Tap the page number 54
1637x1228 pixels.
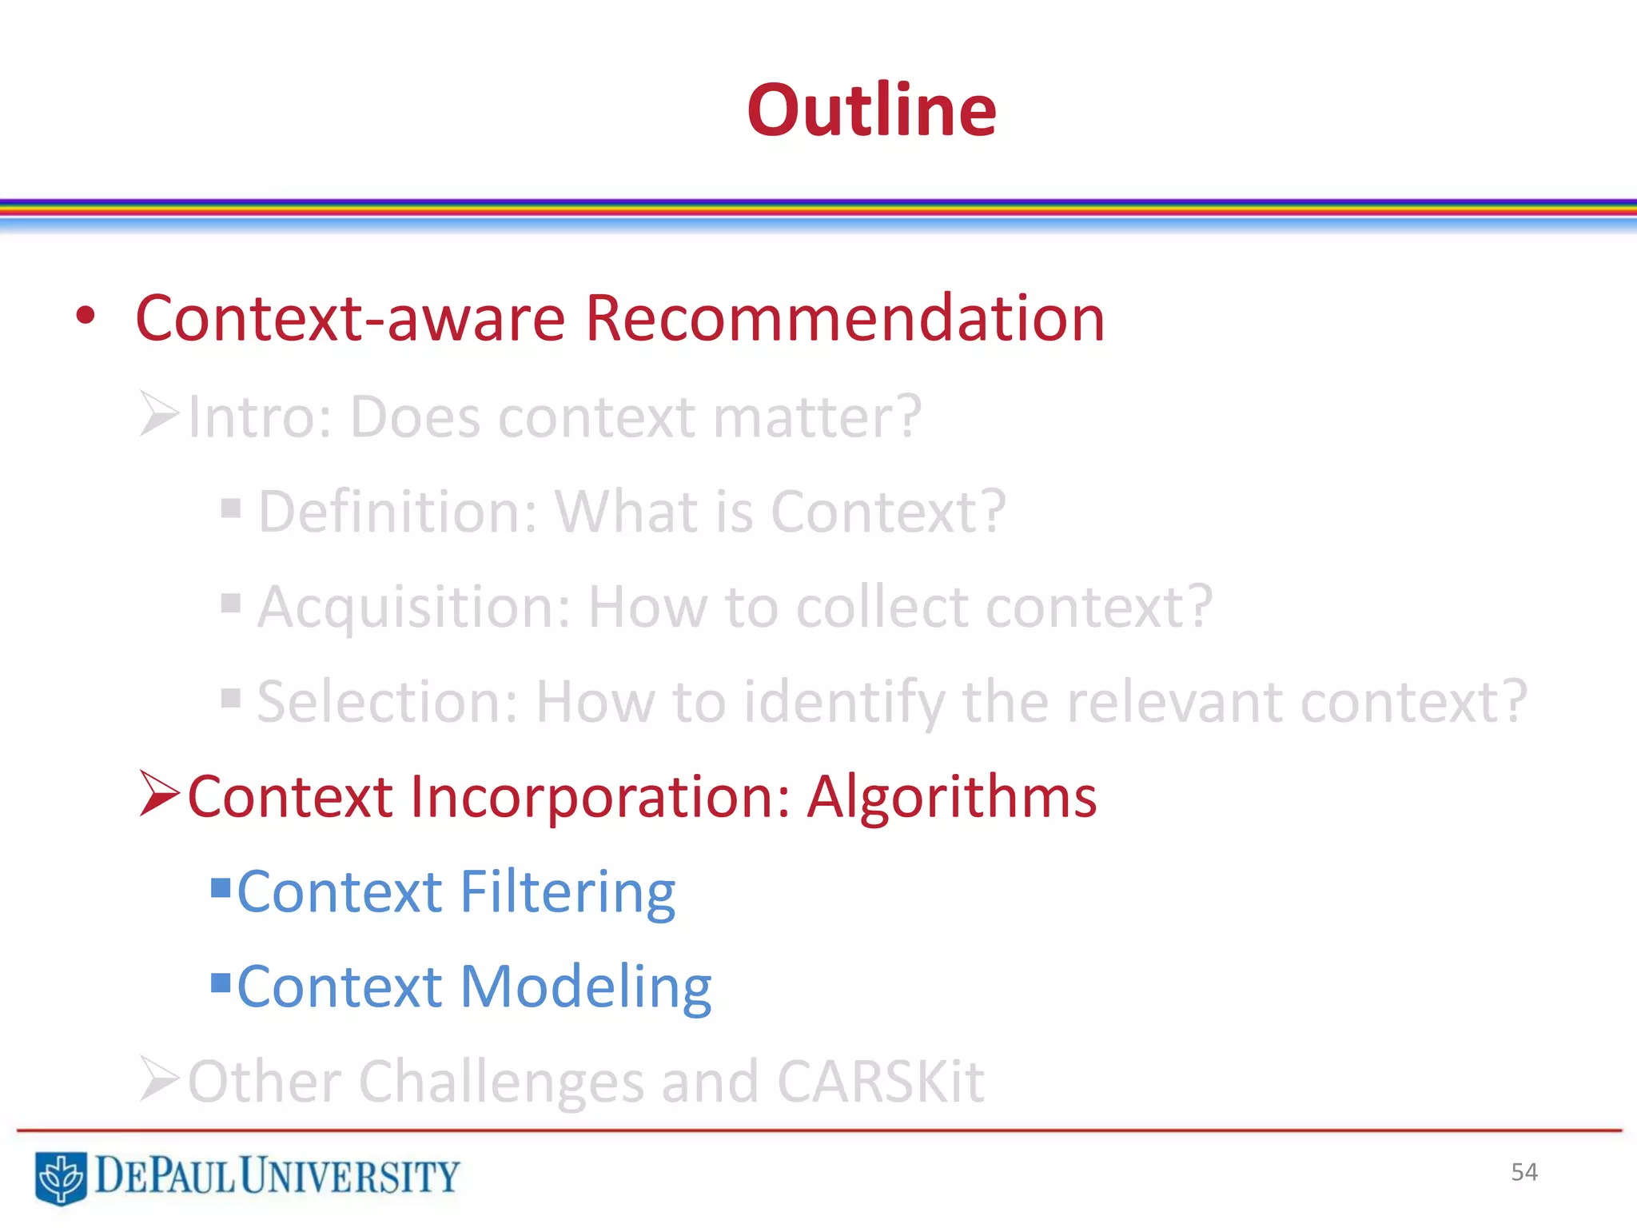click(1523, 1172)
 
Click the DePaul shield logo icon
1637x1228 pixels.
click(60, 1177)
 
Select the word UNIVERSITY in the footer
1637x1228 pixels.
click(349, 1176)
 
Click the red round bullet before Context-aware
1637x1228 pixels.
click(86, 317)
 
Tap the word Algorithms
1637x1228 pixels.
click(951, 797)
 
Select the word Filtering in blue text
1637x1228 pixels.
click(568, 892)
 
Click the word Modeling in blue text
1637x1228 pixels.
click(585, 987)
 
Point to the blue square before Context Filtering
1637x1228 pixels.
click(221, 887)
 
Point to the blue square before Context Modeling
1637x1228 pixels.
click(221, 981)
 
